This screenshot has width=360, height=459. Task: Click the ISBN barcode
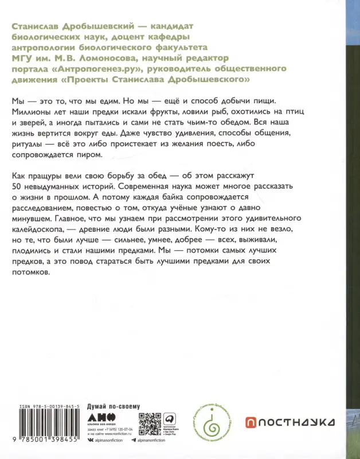tap(40, 430)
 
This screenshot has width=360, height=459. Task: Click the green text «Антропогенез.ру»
tap(93, 68)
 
